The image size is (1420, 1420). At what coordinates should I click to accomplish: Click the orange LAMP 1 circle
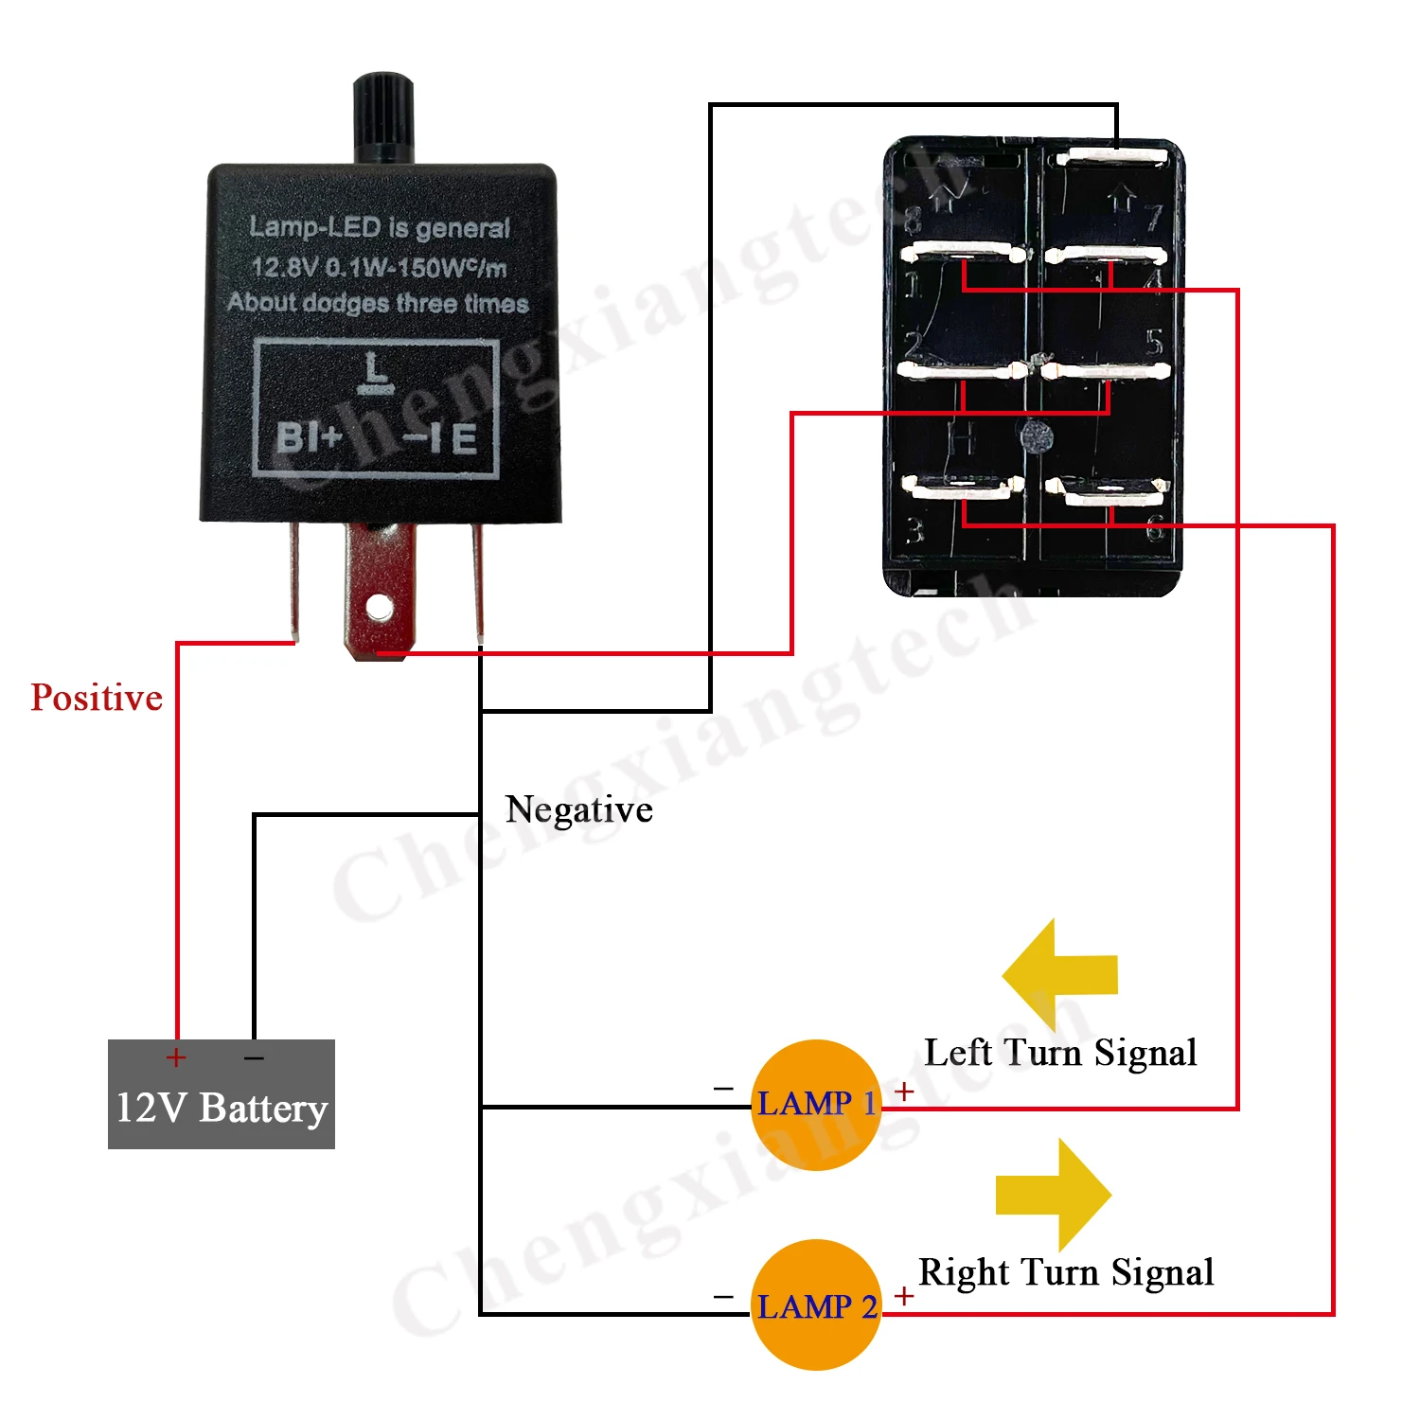click(x=816, y=1105)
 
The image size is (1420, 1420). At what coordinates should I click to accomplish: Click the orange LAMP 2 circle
click(x=816, y=1305)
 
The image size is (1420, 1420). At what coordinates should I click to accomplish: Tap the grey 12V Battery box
click(x=222, y=1094)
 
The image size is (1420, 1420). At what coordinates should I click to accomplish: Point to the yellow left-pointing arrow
click(x=1059, y=974)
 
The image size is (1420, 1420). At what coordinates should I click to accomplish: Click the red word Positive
click(x=97, y=699)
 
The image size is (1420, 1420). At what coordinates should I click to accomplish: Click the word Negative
click(x=579, y=810)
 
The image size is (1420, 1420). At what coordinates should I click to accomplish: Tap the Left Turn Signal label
click(x=1060, y=1054)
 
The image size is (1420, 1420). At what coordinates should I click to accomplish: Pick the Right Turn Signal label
click(x=1066, y=1273)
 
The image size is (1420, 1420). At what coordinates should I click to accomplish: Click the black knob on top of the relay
click(x=383, y=116)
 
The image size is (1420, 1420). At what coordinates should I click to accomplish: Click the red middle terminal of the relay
click(x=380, y=592)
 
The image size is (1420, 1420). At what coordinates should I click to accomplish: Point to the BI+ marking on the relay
click(x=309, y=438)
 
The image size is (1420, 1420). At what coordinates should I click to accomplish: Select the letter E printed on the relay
click(x=464, y=439)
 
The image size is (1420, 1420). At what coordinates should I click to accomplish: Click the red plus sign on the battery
click(x=176, y=1057)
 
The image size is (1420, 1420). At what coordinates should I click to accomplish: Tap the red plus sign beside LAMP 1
click(x=904, y=1092)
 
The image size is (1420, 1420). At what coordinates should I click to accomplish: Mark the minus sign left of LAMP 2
click(x=723, y=1296)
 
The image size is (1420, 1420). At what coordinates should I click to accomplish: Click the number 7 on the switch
click(x=1154, y=218)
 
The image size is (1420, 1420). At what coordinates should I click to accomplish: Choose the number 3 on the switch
click(x=914, y=531)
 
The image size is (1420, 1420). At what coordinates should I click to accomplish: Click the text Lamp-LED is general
click(x=380, y=227)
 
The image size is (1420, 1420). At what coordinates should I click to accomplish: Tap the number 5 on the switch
click(x=1154, y=342)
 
